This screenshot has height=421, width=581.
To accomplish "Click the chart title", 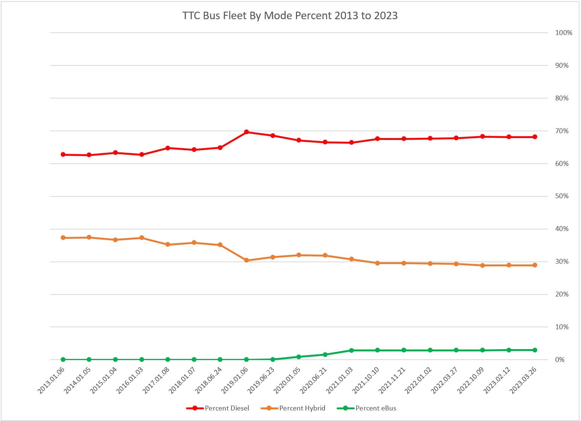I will click(x=290, y=16).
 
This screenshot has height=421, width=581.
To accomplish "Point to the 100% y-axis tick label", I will click(x=564, y=33).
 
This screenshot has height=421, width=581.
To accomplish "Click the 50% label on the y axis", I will click(x=562, y=196).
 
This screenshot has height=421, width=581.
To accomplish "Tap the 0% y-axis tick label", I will click(x=560, y=360).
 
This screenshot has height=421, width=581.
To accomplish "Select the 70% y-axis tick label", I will click(x=562, y=131).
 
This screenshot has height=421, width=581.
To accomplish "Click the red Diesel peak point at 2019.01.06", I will click(x=246, y=132).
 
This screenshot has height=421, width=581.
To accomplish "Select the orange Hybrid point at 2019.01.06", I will click(x=246, y=260).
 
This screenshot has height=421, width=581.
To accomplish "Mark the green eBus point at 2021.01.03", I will click(x=351, y=350).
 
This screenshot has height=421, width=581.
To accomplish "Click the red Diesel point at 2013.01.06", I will click(x=63, y=155).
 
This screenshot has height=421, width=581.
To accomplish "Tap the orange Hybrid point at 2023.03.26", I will click(x=535, y=265).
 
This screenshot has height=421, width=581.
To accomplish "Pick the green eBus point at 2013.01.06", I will click(x=63, y=360).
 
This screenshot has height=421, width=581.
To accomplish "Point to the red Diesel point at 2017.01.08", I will click(x=168, y=148).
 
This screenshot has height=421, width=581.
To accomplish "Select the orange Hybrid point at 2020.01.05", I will click(x=299, y=255).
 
